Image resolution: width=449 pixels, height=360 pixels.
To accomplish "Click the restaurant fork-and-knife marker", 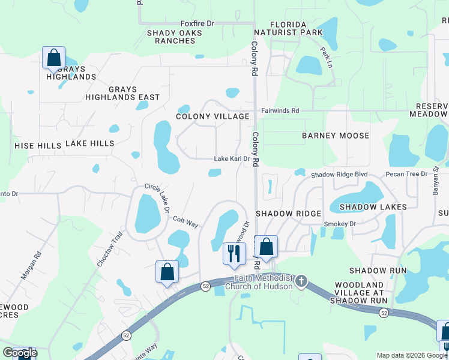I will point(234,253).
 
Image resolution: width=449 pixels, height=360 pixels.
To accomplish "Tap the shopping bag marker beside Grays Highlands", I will point(53,58).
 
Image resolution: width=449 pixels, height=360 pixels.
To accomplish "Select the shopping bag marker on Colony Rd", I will point(266,246).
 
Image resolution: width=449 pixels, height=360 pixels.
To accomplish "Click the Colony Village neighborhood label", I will point(212,116).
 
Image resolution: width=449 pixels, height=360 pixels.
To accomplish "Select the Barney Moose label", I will point(336,136).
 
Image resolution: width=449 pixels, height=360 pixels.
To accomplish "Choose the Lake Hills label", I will point(89,143).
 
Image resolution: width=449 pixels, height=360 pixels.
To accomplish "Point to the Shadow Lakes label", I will point(373,207).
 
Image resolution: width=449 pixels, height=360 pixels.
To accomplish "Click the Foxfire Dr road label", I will point(197,23).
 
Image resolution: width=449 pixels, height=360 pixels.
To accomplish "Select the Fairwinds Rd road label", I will point(280,110).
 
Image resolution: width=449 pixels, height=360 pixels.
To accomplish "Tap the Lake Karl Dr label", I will point(232,159).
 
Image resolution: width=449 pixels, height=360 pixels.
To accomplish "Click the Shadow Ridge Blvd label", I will point(339,175).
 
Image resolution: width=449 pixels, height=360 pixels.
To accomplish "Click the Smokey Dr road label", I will point(340,224).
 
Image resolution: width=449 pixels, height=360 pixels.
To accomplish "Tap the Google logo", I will point(20,353).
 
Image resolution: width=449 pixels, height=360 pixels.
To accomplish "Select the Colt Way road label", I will point(185,221).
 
